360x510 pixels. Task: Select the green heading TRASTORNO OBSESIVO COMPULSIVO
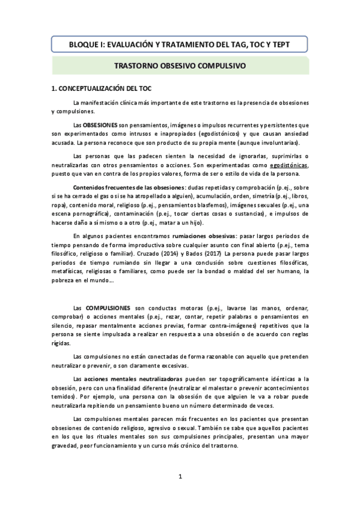pos(180,66)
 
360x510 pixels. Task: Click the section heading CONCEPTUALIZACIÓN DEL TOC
pos(102,88)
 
